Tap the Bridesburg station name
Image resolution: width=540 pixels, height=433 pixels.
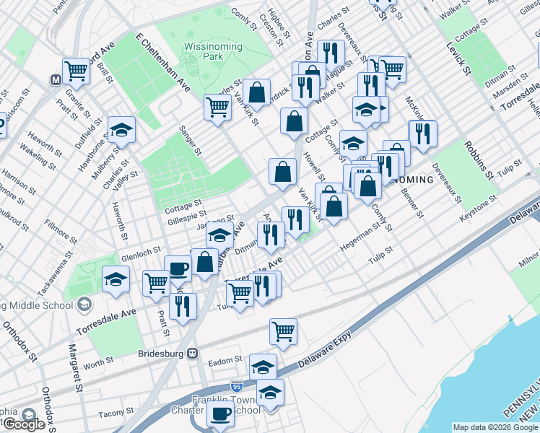coord(161,354)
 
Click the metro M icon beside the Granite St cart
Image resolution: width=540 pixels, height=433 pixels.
coord(54,79)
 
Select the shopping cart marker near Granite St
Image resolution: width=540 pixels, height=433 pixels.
coord(75,71)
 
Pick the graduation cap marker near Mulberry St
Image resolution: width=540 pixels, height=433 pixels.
coord(121,130)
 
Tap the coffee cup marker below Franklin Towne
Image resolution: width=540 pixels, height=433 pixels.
coord(220,414)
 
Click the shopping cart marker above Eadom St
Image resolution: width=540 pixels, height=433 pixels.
coord(283,331)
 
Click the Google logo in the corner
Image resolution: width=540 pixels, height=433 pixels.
coord(23,424)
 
